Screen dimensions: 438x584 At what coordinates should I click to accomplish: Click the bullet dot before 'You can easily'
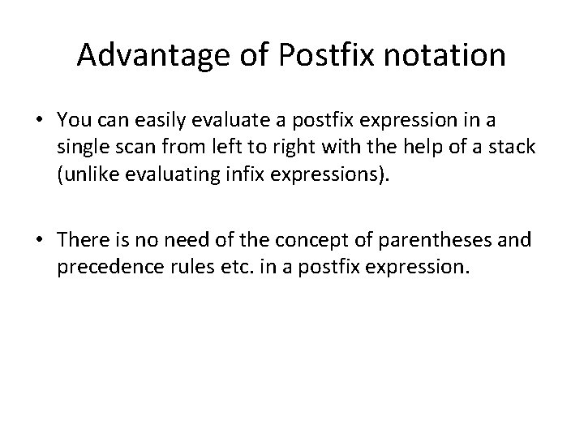point(39,120)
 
